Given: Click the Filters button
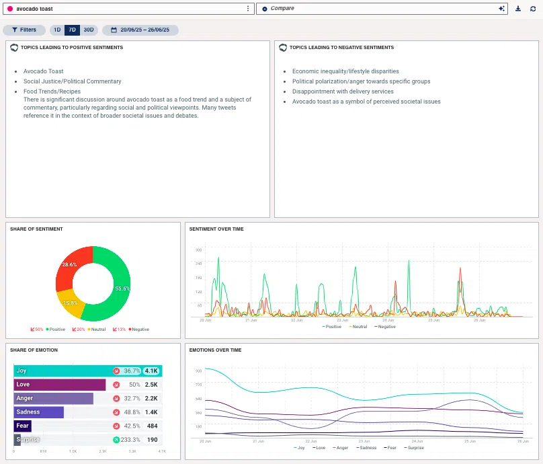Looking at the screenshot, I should pyautogui.click(x=24, y=30).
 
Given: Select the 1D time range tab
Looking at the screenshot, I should pyautogui.click(x=57, y=30).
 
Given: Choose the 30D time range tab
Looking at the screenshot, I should pyautogui.click(x=89, y=30).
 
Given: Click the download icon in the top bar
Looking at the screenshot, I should pyautogui.click(x=518, y=9).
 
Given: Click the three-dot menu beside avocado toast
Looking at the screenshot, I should pyautogui.click(x=248, y=9).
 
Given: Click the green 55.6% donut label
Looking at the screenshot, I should pyautogui.click(x=122, y=288).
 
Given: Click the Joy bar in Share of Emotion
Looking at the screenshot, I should pyautogui.click(x=60, y=371).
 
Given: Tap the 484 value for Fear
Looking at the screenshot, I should pyautogui.click(x=152, y=426).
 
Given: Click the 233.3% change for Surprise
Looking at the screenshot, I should pyautogui.click(x=130, y=439).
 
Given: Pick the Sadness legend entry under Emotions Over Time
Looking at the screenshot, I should pyautogui.click(x=367, y=448).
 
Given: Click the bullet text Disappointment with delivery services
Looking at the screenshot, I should pyautogui.click(x=343, y=91).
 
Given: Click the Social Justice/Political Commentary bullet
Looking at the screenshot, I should pyautogui.click(x=72, y=81).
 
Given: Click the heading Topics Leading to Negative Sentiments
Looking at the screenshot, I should pyautogui.click(x=341, y=48).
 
